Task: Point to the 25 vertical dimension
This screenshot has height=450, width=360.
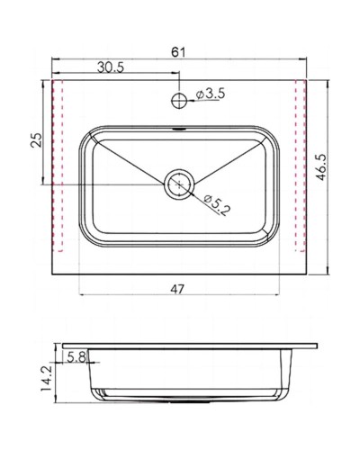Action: click(x=37, y=140)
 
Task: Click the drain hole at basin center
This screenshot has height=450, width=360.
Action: click(x=178, y=184)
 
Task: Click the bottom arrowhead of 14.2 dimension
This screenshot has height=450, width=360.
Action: click(x=53, y=400)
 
